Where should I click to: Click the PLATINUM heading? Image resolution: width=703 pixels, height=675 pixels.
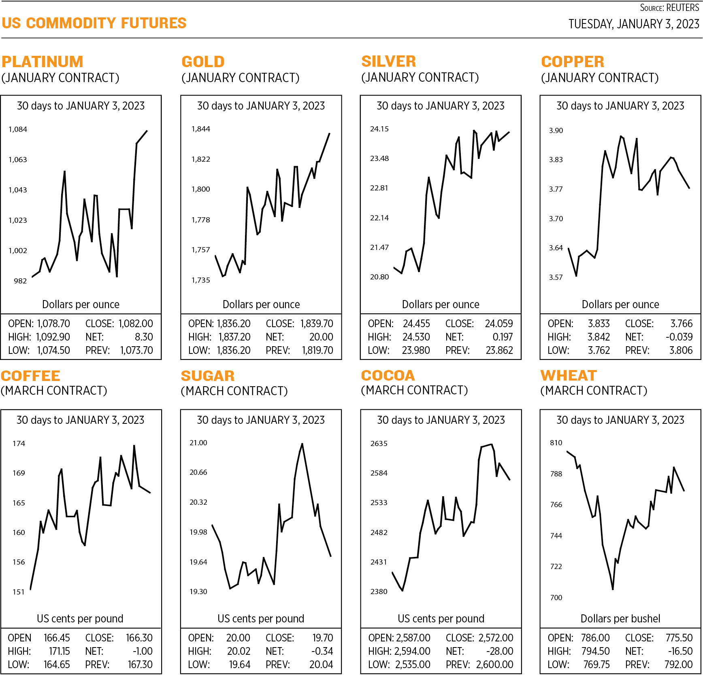click(43, 62)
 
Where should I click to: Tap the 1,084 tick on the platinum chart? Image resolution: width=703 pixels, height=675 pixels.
click(18, 129)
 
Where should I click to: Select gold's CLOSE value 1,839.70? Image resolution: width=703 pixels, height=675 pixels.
click(317, 324)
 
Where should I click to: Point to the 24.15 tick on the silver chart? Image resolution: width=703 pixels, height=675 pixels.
click(379, 129)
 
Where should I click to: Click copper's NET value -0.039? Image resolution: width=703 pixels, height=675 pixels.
click(679, 337)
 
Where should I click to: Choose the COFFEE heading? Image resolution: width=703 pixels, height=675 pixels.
click(31, 376)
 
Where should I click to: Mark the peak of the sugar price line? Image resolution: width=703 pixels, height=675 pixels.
click(302, 444)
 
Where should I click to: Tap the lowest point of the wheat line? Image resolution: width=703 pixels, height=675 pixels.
click(613, 589)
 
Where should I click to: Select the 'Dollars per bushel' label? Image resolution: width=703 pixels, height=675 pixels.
click(620, 619)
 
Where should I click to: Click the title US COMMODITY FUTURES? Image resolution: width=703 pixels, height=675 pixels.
click(94, 23)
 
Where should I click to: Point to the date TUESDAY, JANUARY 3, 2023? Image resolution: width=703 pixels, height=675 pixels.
click(634, 24)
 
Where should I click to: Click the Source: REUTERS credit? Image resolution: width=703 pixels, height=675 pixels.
click(669, 8)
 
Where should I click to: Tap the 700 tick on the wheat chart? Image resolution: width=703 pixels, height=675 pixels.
click(556, 598)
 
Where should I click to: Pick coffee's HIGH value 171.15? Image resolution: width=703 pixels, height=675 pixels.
click(60, 651)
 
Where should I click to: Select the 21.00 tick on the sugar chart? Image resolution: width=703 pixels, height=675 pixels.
click(198, 443)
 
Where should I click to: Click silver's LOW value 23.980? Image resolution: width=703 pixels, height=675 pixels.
click(416, 350)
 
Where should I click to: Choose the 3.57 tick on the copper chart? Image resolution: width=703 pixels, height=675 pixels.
click(556, 277)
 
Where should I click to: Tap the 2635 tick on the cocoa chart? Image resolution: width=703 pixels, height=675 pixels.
click(379, 444)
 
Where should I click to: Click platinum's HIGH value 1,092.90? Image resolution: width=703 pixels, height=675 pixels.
click(53, 337)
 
